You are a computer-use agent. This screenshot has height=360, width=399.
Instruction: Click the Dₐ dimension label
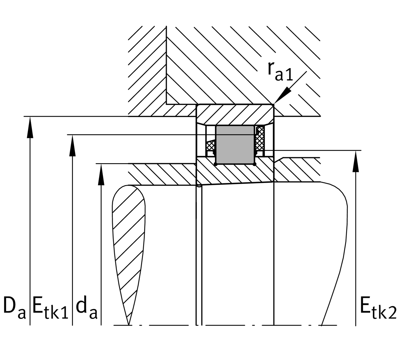[x=14, y=308]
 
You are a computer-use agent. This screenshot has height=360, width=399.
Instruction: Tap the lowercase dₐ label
[x=86, y=309]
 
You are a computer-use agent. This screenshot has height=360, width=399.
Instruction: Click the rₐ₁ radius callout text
[x=280, y=72]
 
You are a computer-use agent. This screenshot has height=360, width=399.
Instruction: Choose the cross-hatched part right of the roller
[x=260, y=139]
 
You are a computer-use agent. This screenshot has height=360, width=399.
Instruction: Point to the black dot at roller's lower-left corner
[x=216, y=164]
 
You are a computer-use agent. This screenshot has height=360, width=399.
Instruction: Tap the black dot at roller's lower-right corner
[x=254, y=164]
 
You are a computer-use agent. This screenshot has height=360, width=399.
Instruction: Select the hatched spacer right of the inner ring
[x=297, y=170]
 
